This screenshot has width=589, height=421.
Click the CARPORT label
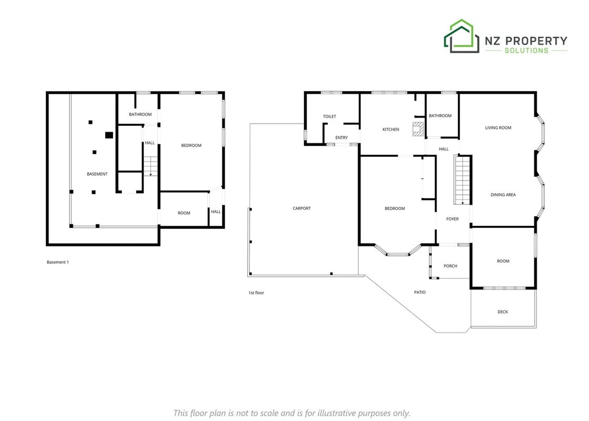click(302, 208)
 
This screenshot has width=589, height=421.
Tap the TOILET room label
click(329, 116)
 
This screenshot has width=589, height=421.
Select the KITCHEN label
click(391, 129)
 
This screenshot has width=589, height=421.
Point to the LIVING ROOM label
click(498, 128)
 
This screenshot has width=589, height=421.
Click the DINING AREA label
click(503, 195)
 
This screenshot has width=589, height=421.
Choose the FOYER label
click(452, 219)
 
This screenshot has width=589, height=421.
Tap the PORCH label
click(450, 266)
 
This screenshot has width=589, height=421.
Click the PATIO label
click(420, 292)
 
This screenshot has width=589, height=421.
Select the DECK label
click(503, 312)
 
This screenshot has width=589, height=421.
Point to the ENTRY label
click(341, 137)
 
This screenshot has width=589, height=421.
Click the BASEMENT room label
click(97, 174)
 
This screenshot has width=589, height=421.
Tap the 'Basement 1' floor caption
click(58, 262)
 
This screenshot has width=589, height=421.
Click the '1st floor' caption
click(256, 293)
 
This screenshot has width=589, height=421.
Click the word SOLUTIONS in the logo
click(526, 51)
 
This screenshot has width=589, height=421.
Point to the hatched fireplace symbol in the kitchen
click(418, 128)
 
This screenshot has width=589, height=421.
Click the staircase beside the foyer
click(462, 179)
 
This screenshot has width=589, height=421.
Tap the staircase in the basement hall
click(150, 166)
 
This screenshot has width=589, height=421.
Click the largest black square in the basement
click(109, 135)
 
